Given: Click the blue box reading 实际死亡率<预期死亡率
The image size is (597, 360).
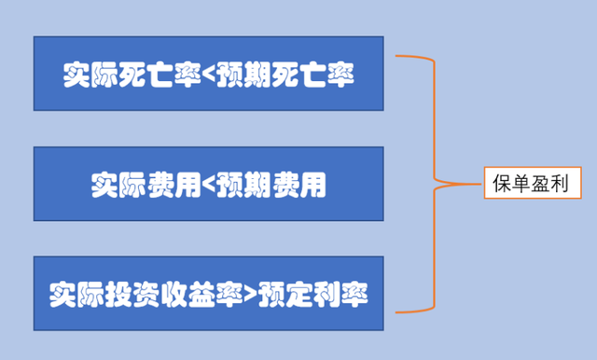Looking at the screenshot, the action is coord(208,74).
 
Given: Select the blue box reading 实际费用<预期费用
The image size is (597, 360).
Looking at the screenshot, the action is coord(208,184).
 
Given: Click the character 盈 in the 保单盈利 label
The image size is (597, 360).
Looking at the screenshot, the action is coord(544,183).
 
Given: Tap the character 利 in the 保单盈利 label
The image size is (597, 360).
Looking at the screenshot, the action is coord(565,183).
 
